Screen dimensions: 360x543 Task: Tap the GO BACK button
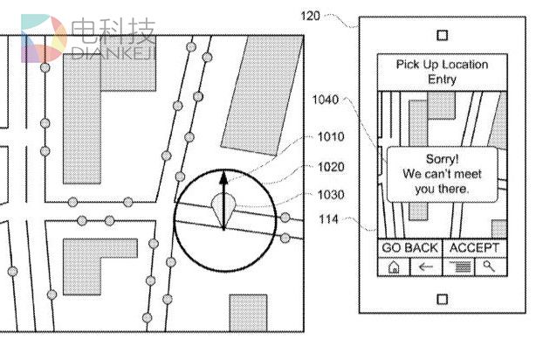tap(409, 248)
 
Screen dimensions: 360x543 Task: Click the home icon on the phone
tap(394, 268)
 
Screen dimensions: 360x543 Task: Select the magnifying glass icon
tap(490, 267)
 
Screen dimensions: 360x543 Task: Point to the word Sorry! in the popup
tap(442, 159)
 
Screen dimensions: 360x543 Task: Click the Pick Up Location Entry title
tap(442, 72)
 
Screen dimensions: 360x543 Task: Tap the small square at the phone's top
tap(442, 35)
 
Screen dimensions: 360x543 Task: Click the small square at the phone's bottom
tap(442, 299)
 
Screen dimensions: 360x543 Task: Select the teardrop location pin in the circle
tap(223, 208)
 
